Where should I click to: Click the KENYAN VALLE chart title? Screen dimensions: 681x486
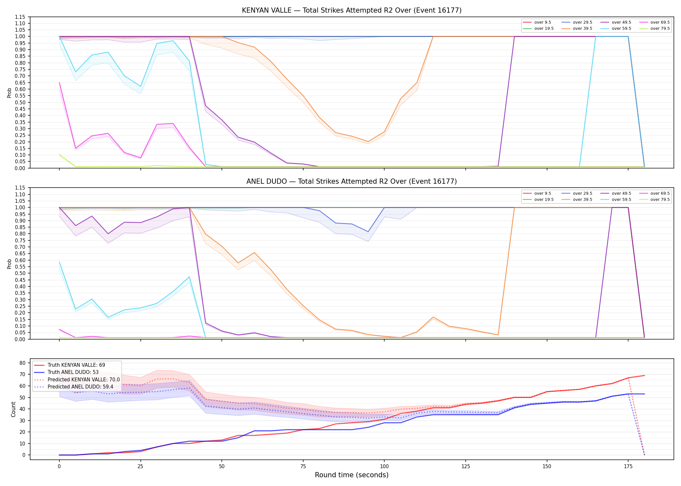click(352, 10)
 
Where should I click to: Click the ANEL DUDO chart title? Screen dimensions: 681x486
click(352, 181)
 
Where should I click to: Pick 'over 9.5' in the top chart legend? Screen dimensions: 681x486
click(543, 22)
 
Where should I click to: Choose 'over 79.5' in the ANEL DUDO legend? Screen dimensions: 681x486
click(660, 200)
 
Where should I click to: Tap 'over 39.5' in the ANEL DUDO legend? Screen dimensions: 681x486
click(582, 200)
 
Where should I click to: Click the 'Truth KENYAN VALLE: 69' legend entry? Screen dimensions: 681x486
click(76, 365)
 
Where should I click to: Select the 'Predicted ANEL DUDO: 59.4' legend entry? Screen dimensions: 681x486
click(80, 387)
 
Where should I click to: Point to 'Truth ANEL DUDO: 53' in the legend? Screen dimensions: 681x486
click(73, 372)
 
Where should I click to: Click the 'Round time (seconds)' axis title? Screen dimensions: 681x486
click(352, 475)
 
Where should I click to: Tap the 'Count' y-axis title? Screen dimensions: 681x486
click(13, 409)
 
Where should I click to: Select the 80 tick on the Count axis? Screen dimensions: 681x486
click(22, 363)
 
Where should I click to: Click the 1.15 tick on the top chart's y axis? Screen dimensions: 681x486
click(20, 17)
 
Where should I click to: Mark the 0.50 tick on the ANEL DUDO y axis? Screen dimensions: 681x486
click(20, 273)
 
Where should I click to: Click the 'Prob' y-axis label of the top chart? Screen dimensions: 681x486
click(9, 93)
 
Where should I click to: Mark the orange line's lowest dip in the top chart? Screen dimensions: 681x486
click(368, 142)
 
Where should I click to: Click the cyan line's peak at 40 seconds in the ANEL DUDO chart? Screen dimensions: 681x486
click(189, 277)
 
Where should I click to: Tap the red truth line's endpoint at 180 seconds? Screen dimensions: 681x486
click(644, 376)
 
